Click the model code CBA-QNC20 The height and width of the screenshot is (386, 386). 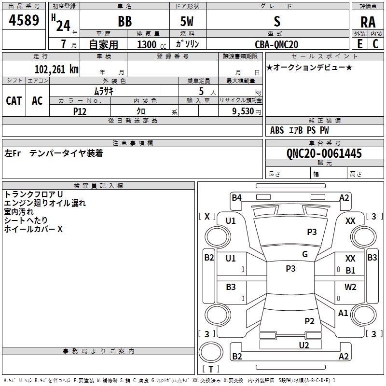point(276,44)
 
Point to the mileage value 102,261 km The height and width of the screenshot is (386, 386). point(56,69)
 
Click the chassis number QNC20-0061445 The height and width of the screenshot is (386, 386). point(324,153)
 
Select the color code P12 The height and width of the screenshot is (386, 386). point(80,111)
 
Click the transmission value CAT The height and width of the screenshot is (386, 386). point(14,100)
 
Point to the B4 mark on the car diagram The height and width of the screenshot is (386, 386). point(236,197)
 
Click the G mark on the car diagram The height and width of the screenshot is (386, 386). point(305,254)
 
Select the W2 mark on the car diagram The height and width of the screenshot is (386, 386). point(350,287)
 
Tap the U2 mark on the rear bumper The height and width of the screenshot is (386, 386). point(303,345)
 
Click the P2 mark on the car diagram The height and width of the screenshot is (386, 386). point(309,321)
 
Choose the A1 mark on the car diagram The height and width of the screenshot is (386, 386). point(343,313)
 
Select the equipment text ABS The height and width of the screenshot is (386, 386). point(277,130)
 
